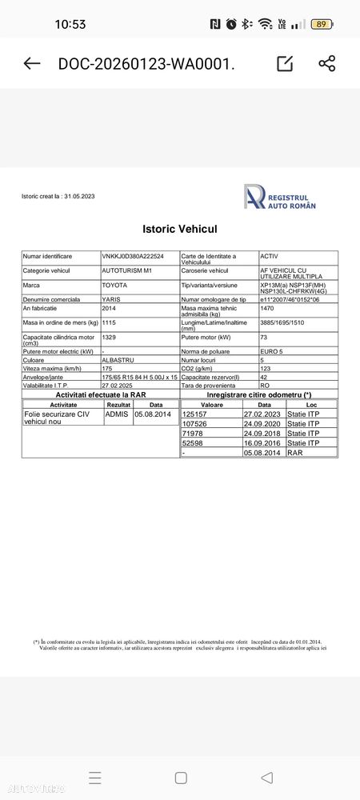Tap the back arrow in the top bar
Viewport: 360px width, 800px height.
point(32,64)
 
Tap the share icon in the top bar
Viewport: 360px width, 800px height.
point(326,64)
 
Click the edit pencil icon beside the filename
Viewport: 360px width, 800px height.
point(284,64)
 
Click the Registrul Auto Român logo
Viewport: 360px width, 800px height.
point(280,197)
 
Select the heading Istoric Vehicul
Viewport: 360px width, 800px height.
point(180,229)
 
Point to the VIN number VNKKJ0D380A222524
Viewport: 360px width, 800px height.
point(133,256)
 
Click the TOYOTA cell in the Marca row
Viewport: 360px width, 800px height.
point(114,285)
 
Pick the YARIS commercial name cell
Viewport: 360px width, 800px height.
point(111,299)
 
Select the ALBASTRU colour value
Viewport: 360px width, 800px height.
point(118,360)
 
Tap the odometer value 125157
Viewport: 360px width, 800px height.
point(195,414)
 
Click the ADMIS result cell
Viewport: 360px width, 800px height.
point(116,414)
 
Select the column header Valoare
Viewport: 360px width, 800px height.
point(211,405)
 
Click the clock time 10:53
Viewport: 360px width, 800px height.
point(70,24)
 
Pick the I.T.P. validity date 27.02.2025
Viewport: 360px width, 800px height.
point(118,386)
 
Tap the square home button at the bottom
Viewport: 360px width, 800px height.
point(181,778)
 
